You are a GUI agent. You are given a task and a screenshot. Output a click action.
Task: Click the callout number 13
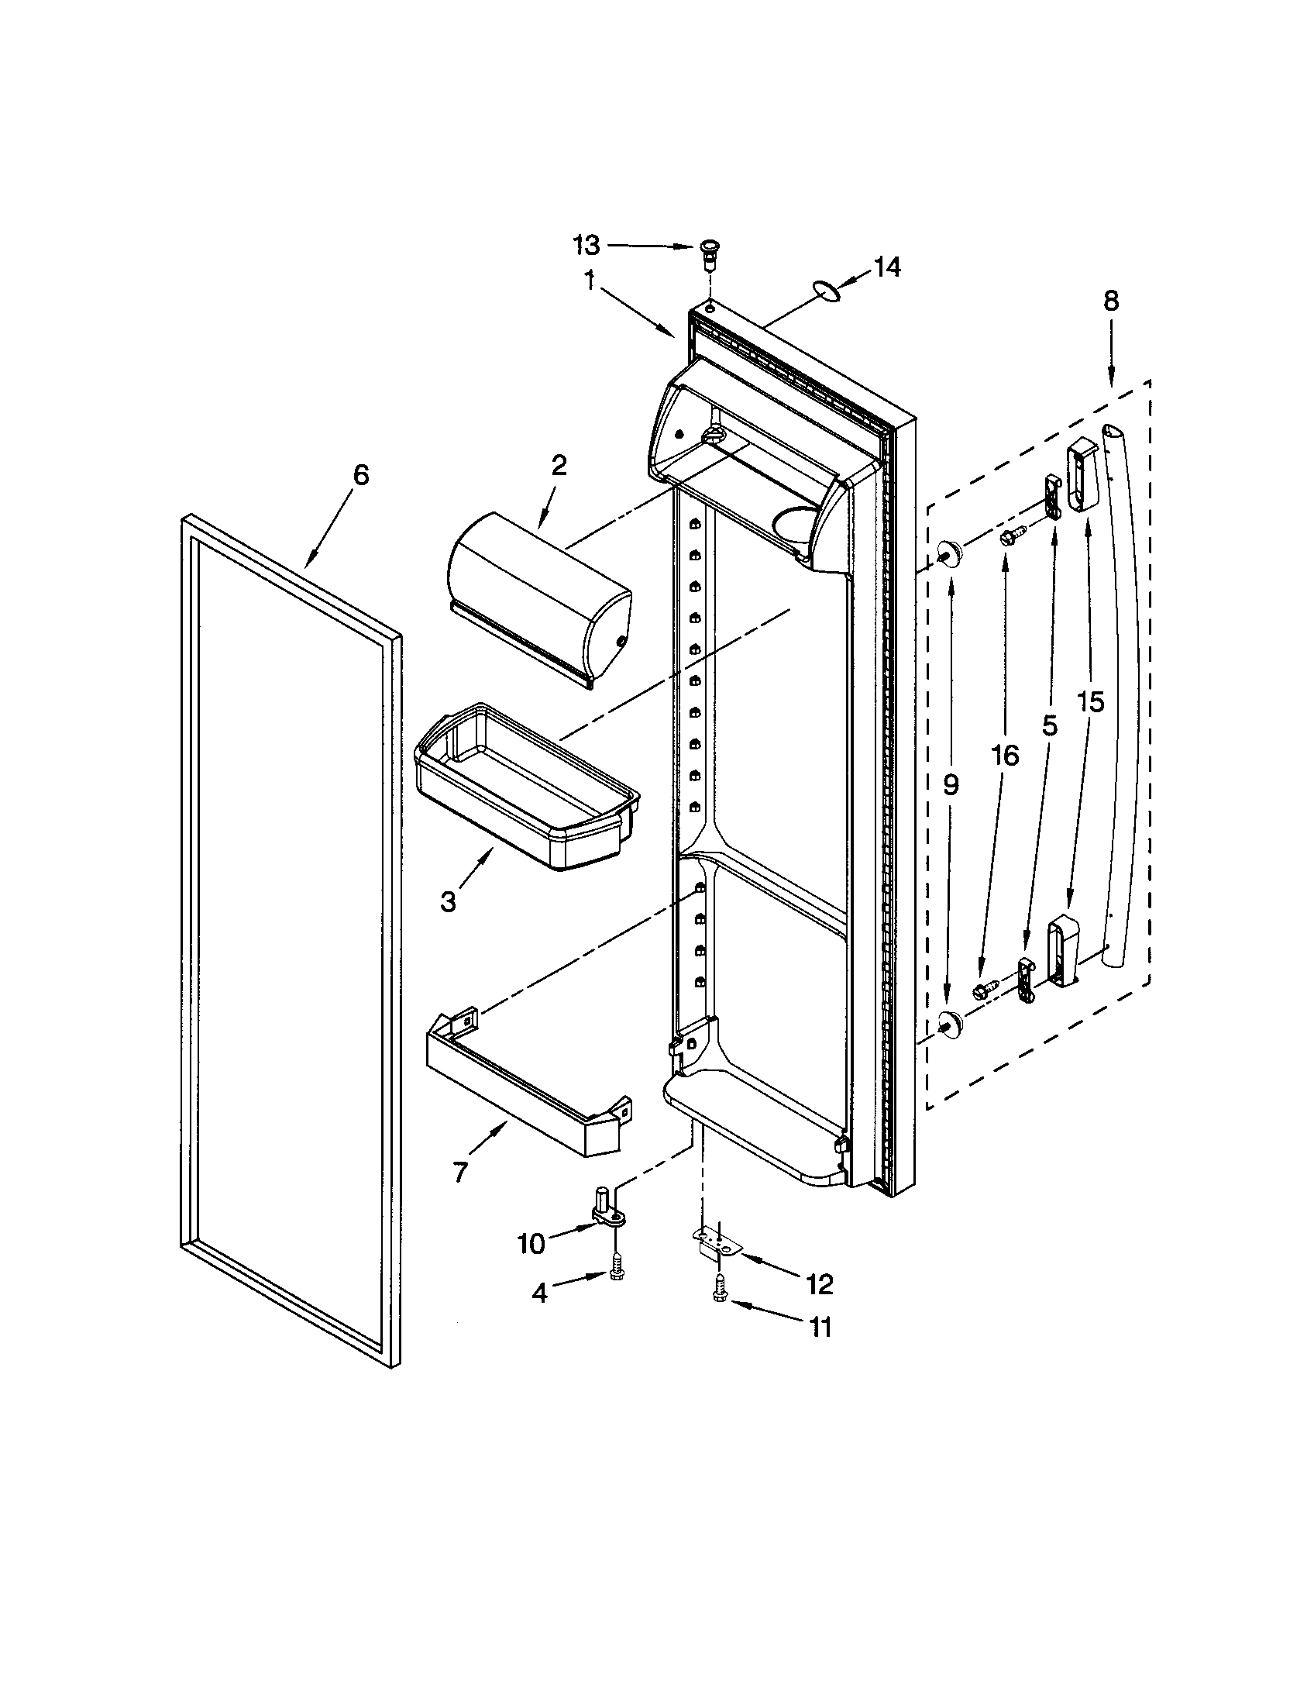click(x=586, y=245)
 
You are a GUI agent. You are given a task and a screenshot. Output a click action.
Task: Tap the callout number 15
click(x=1091, y=703)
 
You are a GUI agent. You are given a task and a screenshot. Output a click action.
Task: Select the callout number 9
click(x=950, y=785)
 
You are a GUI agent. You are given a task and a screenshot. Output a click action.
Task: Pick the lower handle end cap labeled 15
click(x=1063, y=952)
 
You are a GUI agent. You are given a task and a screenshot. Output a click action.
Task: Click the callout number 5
click(x=1050, y=727)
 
